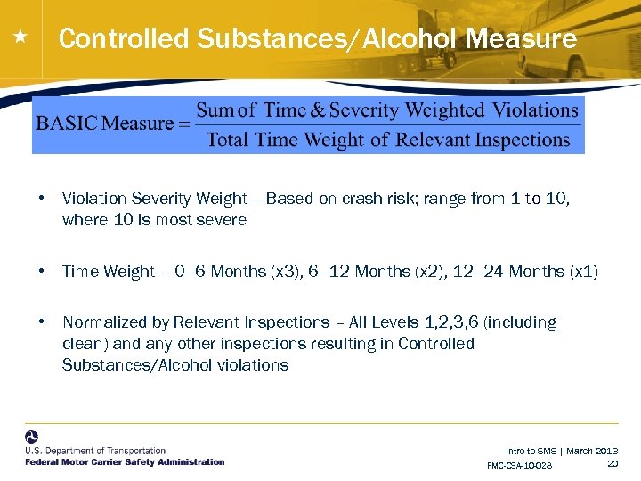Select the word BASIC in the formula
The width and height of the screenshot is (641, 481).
(x=67, y=124)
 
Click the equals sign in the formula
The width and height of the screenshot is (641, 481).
(x=184, y=124)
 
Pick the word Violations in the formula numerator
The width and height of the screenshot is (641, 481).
(x=536, y=110)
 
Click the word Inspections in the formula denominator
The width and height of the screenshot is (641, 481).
(x=522, y=140)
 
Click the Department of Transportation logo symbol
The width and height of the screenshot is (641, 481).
(x=32, y=437)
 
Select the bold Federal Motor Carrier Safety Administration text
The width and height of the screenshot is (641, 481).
(x=125, y=462)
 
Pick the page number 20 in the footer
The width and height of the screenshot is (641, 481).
(x=613, y=463)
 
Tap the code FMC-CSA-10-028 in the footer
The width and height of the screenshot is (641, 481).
(x=520, y=466)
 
